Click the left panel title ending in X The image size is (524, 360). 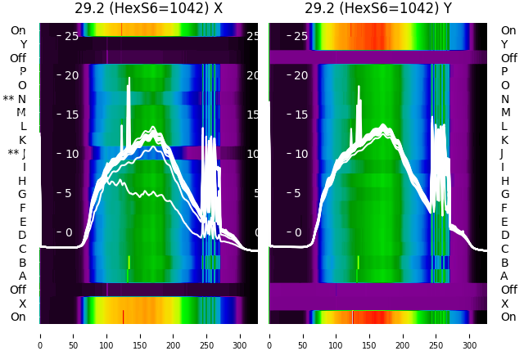[148, 9]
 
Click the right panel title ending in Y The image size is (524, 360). [377, 9]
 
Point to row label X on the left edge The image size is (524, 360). [22, 304]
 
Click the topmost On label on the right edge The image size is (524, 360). [508, 30]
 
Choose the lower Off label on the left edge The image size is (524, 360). [18, 290]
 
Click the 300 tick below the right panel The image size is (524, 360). [470, 335]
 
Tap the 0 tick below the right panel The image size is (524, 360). [269, 335]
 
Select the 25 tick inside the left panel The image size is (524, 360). [71, 36]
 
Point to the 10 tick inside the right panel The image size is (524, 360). [301, 154]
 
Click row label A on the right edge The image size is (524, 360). [504, 276]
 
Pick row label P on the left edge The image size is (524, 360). [22, 71]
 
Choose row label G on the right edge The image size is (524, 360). [504, 194]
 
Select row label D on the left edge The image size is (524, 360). [22, 235]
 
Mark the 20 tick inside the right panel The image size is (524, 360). [301, 75]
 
